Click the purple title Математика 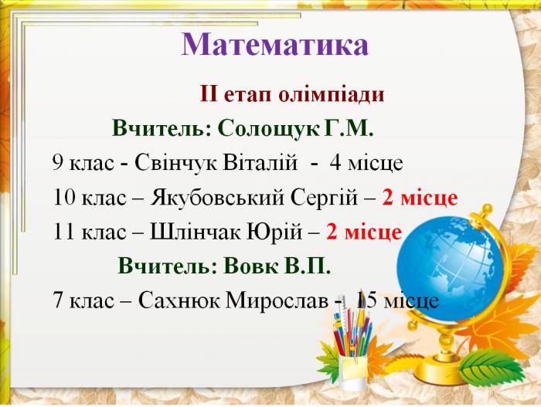point(275,44)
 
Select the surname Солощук point(268,129)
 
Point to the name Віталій point(260,162)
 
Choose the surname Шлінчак point(196,232)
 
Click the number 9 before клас point(58,162)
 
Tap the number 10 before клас point(64,198)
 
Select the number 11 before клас point(64,232)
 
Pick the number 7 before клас point(58,300)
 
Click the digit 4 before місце point(335,162)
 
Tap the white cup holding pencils point(352,371)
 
